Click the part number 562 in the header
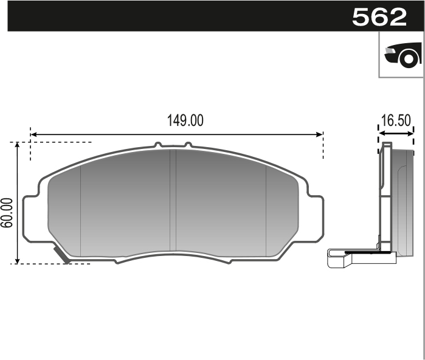379,16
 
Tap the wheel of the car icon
409,59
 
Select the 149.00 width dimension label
185,120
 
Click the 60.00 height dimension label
8,212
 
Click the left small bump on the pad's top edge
158,145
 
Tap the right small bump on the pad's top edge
188,145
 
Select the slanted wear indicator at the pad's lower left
61,254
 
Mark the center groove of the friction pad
175,201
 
